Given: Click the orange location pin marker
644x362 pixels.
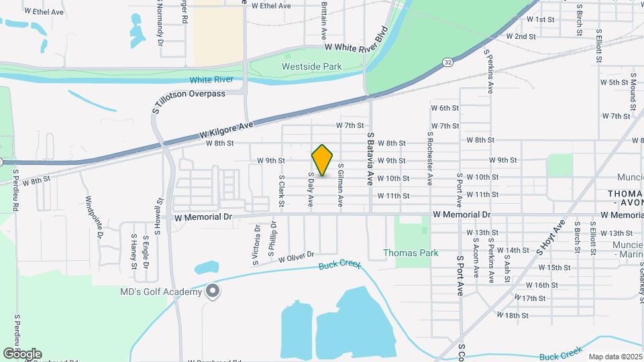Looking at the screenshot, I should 323,160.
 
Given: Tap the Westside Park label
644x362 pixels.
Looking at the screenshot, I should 311,66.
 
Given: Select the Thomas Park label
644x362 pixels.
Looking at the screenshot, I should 411,253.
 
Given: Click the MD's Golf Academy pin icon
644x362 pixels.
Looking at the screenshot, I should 213,291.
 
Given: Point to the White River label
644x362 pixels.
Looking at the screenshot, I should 211,80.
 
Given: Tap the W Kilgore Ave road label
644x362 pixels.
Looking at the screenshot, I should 227,130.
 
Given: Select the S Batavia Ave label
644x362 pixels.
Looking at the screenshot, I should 369,159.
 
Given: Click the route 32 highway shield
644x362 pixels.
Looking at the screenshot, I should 447,62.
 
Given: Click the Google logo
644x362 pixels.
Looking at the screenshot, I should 22,353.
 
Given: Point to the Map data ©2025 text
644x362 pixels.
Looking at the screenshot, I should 614,357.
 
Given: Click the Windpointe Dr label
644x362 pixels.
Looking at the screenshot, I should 94,217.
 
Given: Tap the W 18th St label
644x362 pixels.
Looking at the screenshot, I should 513,314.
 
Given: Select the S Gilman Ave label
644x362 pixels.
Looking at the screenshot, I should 341,184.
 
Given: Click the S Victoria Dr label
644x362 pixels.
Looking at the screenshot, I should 257,244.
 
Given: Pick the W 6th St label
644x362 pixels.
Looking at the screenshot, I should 445,108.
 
